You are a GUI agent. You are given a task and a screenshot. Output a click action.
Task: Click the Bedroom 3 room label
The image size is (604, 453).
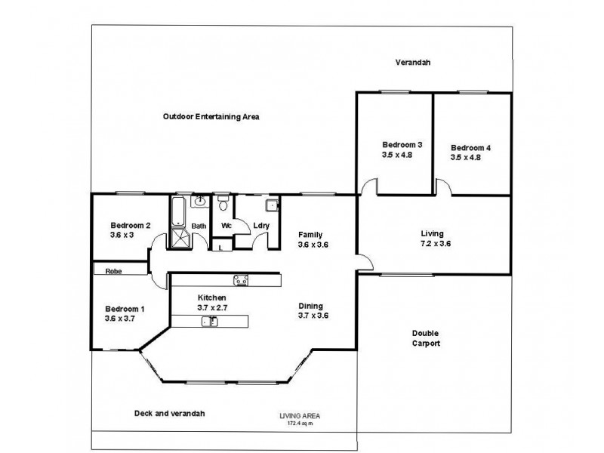tap(402, 144)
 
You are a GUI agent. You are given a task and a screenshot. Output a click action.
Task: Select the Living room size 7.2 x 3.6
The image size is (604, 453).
tap(433, 244)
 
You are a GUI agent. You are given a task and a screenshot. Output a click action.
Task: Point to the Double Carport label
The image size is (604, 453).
tap(426, 337)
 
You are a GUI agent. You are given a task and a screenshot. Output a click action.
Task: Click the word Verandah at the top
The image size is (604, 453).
tap(413, 63)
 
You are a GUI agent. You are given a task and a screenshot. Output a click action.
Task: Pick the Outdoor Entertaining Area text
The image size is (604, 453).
tap(211, 116)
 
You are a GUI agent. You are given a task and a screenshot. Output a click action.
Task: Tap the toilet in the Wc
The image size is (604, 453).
tap(223, 205)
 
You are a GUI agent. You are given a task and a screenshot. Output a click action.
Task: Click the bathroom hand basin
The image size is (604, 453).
tap(200, 202)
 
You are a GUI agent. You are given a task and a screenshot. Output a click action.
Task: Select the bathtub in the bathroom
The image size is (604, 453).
tap(178, 211)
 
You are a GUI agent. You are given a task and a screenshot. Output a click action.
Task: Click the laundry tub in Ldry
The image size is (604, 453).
tap(270, 205)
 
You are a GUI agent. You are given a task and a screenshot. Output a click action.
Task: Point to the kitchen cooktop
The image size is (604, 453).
tap(242, 280)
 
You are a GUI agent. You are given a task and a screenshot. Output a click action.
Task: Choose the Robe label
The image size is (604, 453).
tap(114, 270)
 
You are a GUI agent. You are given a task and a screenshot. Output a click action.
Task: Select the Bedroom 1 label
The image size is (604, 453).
tap(125, 309)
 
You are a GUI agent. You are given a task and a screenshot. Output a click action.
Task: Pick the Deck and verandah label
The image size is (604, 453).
tap(169, 413)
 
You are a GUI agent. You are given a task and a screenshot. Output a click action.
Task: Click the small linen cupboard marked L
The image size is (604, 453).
tap(220, 246)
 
